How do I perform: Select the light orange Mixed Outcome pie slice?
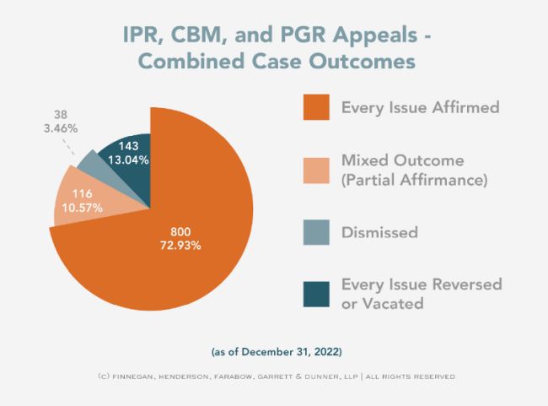80,199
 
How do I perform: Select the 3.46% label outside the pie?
60,129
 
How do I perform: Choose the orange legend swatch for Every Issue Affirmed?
315,109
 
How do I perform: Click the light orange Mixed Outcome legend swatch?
315,170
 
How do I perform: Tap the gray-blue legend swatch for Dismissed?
315,231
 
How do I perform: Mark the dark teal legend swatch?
315,293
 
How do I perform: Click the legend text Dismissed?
379,231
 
